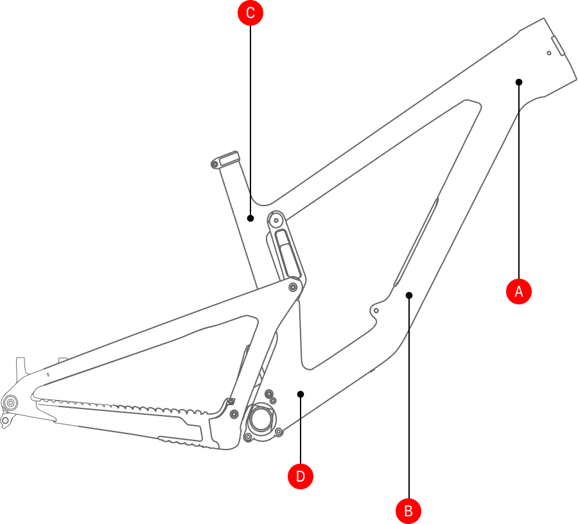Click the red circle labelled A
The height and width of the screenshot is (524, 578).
pos(519,292)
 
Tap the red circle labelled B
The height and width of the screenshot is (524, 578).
pos(408,511)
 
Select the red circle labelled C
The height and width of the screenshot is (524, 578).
pos(250,13)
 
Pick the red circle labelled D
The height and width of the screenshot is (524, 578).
pos(301,476)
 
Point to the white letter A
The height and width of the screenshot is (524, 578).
pos(519,292)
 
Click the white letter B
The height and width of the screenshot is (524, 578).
pos(408,511)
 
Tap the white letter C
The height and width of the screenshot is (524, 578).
pos(250,13)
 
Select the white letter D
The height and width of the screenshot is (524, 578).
pos(301,476)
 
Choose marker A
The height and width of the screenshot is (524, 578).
pos(519,292)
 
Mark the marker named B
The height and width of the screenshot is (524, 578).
pos(408,511)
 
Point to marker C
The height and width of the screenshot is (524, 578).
pos(250,13)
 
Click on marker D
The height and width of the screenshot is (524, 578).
pos(301,476)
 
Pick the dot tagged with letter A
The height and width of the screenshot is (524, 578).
pos(519,292)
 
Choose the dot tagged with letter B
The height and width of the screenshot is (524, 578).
pos(408,511)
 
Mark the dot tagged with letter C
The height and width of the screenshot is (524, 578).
pos(250,13)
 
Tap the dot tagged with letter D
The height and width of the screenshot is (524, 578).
pos(301,476)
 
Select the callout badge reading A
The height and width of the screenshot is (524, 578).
pos(519,292)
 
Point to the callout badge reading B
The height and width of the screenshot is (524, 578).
pos(408,511)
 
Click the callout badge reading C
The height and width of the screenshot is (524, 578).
pos(250,13)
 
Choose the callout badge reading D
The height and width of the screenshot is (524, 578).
pos(301,476)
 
